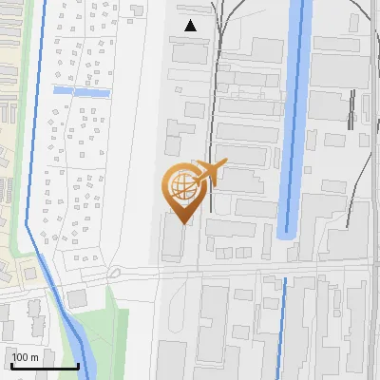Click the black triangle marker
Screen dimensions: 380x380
[191, 26]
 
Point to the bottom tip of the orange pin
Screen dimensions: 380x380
[180, 222]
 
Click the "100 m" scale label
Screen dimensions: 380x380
[26, 357]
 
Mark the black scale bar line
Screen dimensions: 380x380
[45, 366]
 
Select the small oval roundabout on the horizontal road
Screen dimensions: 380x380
[114, 273]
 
